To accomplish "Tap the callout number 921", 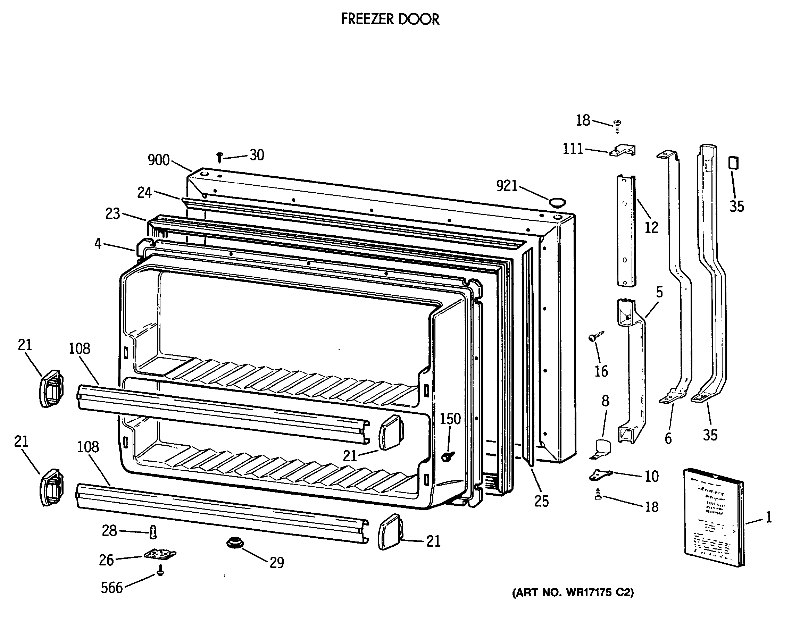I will pos(507,186).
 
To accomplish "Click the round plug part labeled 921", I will pos(557,202).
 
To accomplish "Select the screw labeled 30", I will pos(219,158).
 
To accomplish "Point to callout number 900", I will pos(158,160).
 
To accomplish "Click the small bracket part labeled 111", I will pos(622,150).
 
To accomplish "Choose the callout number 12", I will pos(651,228).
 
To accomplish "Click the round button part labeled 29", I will pos(235,542).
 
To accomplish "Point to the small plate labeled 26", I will pos(160,554).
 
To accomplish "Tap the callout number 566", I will pos(112,588).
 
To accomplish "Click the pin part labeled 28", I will pos(153,532).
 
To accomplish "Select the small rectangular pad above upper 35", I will pos(733,163).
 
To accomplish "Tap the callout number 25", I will pos(541,501).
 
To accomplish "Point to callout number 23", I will pos(112,214).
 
